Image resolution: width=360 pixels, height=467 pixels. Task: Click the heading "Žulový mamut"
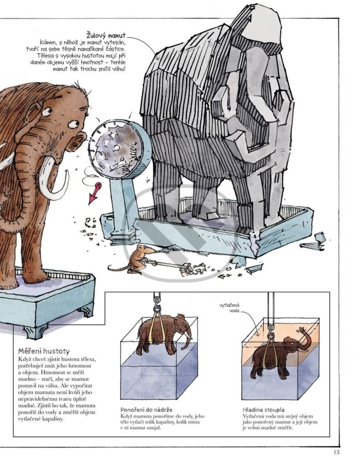tap(106, 35)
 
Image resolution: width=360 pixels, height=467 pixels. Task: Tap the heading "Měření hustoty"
tap(44, 351)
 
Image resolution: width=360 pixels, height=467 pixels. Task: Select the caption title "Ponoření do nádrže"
tap(146, 410)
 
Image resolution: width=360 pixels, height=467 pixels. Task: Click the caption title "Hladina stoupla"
tap(263, 410)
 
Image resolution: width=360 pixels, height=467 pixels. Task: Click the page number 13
tap(336, 452)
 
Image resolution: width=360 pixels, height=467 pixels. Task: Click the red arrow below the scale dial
tap(95, 193)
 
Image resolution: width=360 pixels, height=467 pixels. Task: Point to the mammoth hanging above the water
tap(164, 333)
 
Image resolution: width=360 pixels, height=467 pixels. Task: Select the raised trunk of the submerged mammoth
tap(304, 338)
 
